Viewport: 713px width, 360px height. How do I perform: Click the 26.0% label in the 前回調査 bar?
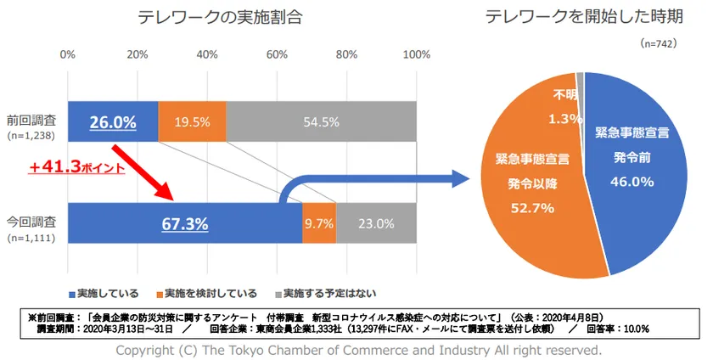(x=113, y=122)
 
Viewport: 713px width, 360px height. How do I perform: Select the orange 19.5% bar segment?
(x=192, y=122)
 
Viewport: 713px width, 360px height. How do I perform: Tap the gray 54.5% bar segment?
(x=321, y=122)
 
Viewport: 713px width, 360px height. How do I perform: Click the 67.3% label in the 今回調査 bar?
(x=184, y=224)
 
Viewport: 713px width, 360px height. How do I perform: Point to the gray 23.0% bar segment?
(x=376, y=224)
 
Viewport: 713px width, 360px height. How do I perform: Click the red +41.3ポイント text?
(x=77, y=168)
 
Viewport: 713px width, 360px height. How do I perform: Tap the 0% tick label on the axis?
(x=68, y=55)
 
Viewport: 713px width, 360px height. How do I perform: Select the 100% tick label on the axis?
(x=415, y=55)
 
